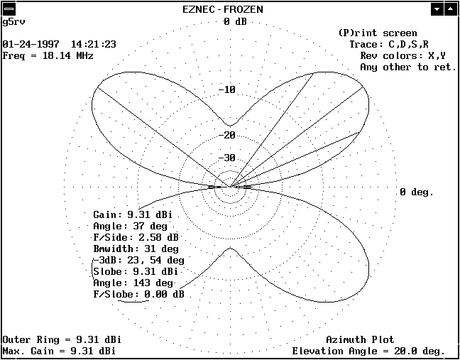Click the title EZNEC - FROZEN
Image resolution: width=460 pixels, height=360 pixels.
[x=223, y=9]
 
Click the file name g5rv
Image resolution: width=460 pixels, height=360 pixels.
[x=13, y=22]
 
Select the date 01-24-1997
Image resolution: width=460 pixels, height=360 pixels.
[x=31, y=44]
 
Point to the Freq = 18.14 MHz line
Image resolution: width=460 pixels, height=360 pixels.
[x=48, y=55]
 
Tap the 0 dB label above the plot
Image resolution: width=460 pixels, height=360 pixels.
[x=235, y=22]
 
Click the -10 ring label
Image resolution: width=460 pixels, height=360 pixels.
[x=226, y=89]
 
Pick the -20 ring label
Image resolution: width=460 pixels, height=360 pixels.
[x=226, y=135]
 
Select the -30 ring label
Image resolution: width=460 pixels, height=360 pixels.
[x=226, y=158]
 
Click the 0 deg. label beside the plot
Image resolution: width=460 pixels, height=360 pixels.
[x=416, y=192]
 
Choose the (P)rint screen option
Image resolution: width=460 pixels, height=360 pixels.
[x=378, y=33]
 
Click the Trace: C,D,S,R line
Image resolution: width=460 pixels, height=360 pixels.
[x=389, y=44]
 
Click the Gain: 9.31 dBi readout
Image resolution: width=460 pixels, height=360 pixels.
[x=133, y=214]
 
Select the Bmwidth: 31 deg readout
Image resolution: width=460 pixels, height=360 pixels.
[x=136, y=249]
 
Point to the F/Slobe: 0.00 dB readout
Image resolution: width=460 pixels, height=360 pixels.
[x=138, y=294]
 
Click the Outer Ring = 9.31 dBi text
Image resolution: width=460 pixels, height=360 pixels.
[x=62, y=339]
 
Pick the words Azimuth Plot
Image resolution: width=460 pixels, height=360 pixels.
[x=360, y=339]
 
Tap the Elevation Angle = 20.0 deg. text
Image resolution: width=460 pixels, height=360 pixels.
[x=368, y=351]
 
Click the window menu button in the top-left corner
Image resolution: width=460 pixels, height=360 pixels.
[x=9, y=10]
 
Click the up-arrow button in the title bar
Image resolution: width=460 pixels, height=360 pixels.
[x=450, y=10]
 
